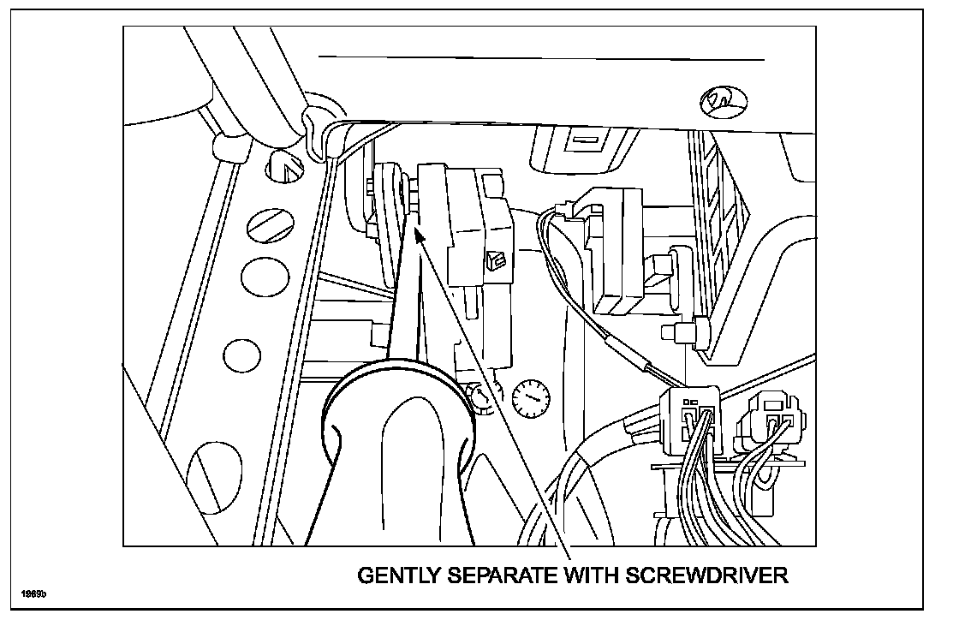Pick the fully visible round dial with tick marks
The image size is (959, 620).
[530, 397]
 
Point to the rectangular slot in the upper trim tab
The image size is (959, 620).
[585, 139]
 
